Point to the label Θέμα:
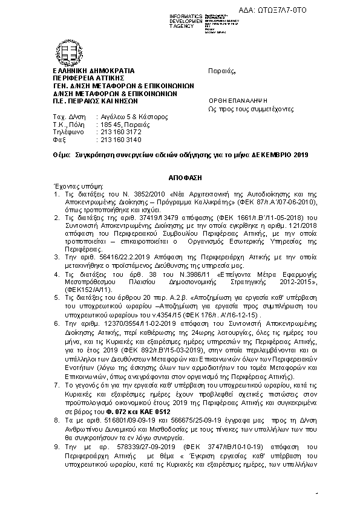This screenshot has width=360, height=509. pyautogui.click(x=62, y=155)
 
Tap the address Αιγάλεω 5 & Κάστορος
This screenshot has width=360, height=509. pyautogui.click(x=134, y=117)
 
